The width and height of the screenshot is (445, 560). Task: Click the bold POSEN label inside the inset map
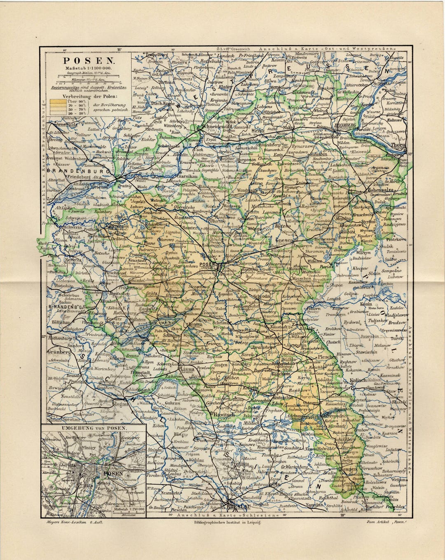point(113,474)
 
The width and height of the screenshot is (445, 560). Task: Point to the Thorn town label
point(399,145)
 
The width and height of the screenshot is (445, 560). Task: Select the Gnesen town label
point(284,240)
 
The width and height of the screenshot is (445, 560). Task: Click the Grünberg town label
point(57,352)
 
